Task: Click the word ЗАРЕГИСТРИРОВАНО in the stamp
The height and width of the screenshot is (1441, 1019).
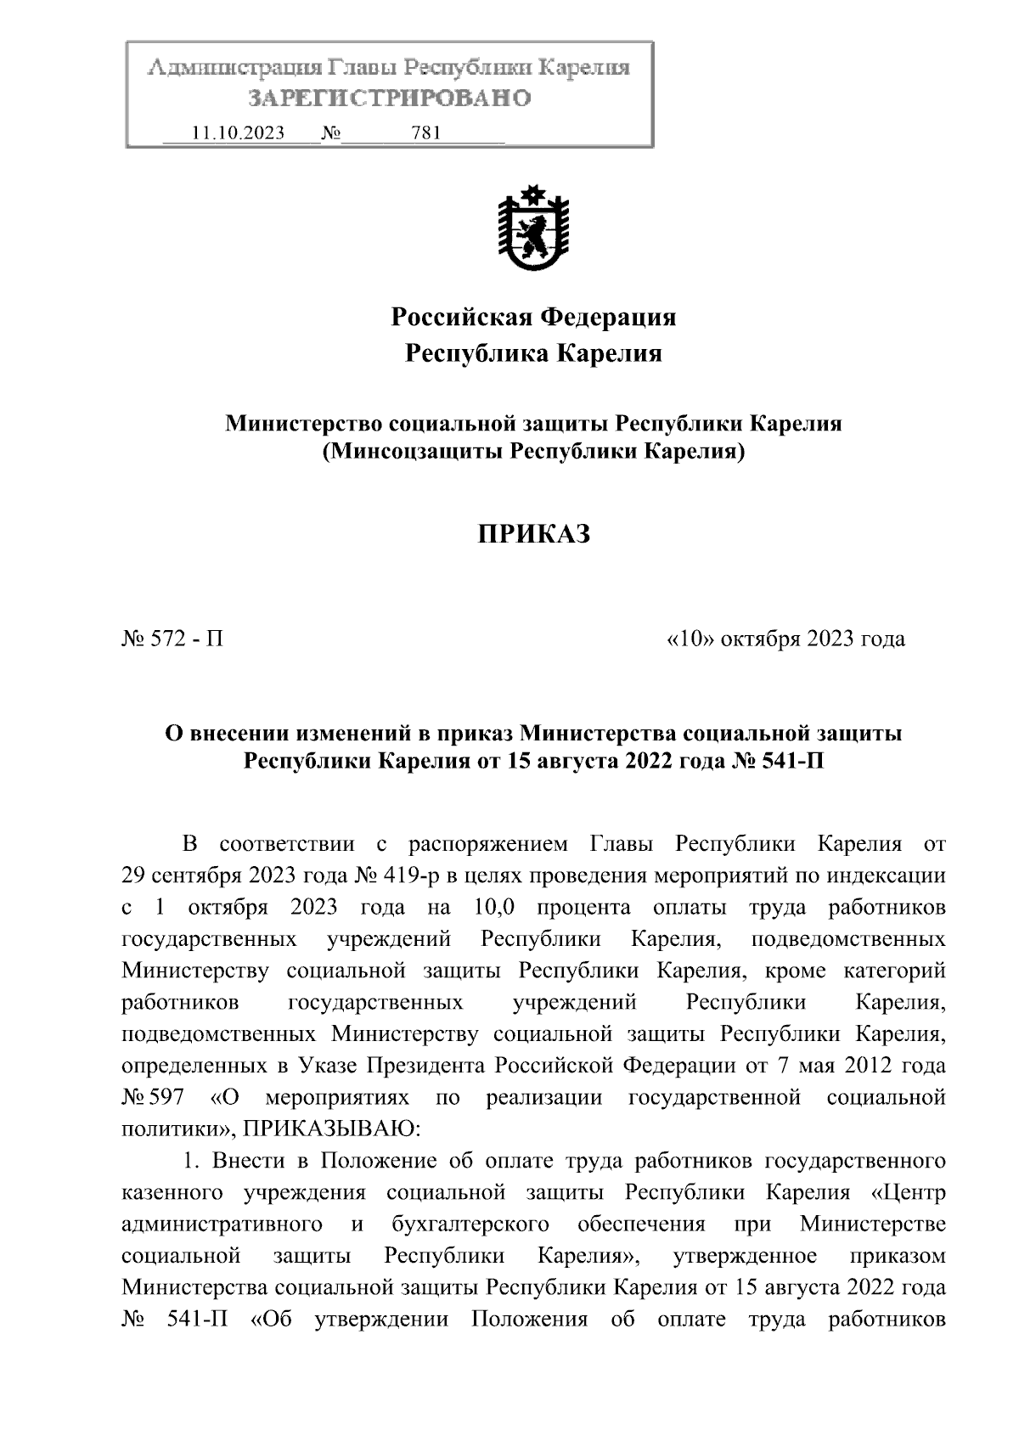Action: coord(389,99)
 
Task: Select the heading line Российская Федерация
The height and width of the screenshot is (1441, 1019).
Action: coord(532,318)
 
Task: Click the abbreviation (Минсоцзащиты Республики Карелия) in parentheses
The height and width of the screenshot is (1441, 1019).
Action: coord(532,452)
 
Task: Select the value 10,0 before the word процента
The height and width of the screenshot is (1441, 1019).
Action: coord(491,907)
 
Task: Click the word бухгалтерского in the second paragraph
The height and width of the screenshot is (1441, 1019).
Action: coord(470,1224)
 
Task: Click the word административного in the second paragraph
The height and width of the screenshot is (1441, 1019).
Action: coord(222,1224)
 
